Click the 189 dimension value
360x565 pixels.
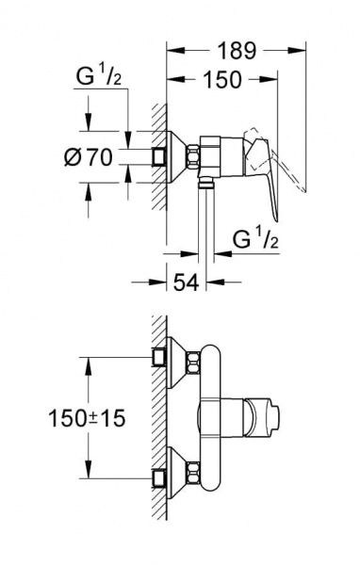coord(237,51)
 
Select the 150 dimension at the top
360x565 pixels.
coord(221,79)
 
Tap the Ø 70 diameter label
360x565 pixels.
coord(89,157)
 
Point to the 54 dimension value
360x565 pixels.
coord(187,282)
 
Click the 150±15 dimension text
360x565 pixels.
coord(87,418)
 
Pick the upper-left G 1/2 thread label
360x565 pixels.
coord(99,76)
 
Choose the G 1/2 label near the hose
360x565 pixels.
coord(255,239)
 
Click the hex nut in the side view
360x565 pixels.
coord(192,156)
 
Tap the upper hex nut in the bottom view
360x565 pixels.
coord(192,363)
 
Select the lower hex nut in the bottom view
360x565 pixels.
coord(192,473)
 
